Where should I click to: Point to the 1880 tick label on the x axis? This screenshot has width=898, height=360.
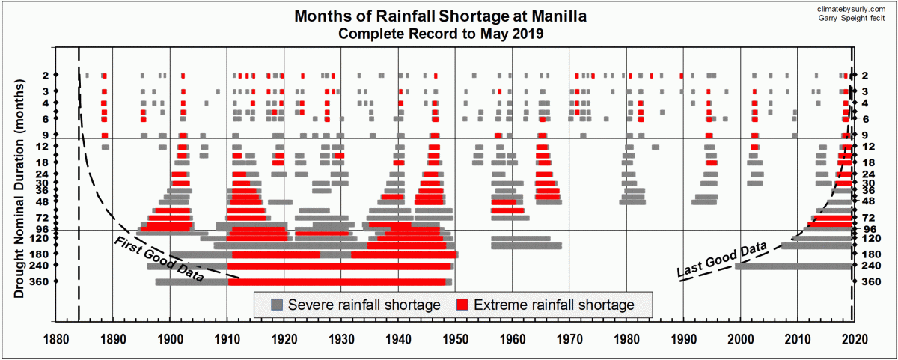[55, 338]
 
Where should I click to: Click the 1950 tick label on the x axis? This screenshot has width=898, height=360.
[455, 338]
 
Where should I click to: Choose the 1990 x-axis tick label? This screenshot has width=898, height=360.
[683, 338]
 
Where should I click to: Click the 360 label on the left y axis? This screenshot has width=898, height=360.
[62, 281]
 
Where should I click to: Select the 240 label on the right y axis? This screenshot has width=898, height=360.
[870, 266]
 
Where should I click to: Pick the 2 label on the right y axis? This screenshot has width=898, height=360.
[865, 76]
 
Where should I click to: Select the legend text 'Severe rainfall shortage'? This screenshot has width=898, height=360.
[364, 305]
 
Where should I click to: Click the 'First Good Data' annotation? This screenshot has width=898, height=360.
[159, 259]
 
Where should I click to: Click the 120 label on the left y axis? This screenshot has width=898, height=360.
[62, 239]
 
